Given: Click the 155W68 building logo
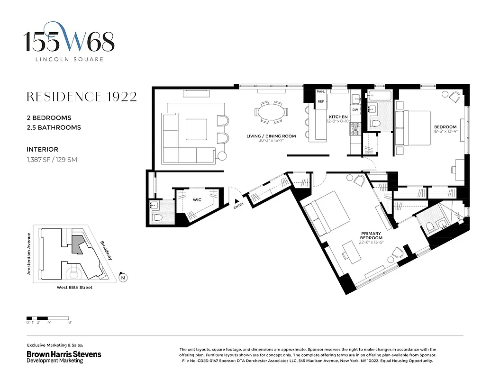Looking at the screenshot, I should coord(70,42).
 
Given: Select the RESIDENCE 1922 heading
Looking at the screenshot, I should coord(82,97).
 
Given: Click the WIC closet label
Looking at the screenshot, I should coord(197,200).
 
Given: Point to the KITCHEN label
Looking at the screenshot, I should coord(338,117).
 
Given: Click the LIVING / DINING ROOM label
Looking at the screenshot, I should coord(271,136).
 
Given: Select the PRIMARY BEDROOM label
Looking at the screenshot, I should coord(372,236).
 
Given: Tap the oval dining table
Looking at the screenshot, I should coord(271,113).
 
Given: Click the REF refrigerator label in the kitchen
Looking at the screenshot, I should coord(321,101).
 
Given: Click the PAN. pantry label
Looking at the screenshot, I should coord(321,91).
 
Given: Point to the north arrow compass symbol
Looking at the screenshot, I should coord(123,278).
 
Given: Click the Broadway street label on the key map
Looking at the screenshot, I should coord(106,251).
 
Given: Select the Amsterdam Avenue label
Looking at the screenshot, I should coord(29,253).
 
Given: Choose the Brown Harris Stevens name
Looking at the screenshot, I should coord(64,354).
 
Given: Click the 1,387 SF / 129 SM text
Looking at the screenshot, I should coord(52,160).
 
